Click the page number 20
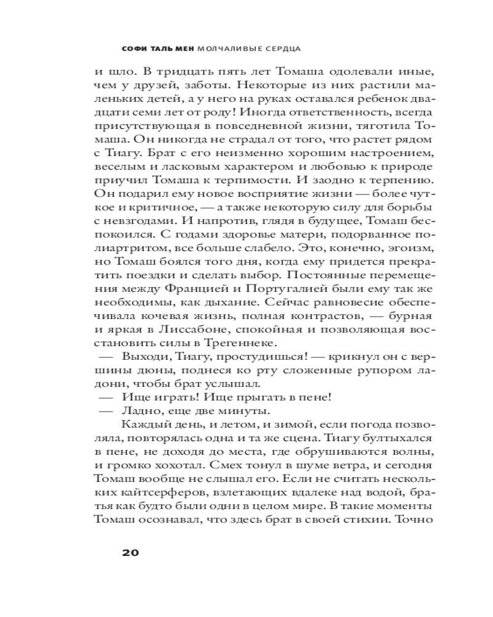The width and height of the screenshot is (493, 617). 130,552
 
